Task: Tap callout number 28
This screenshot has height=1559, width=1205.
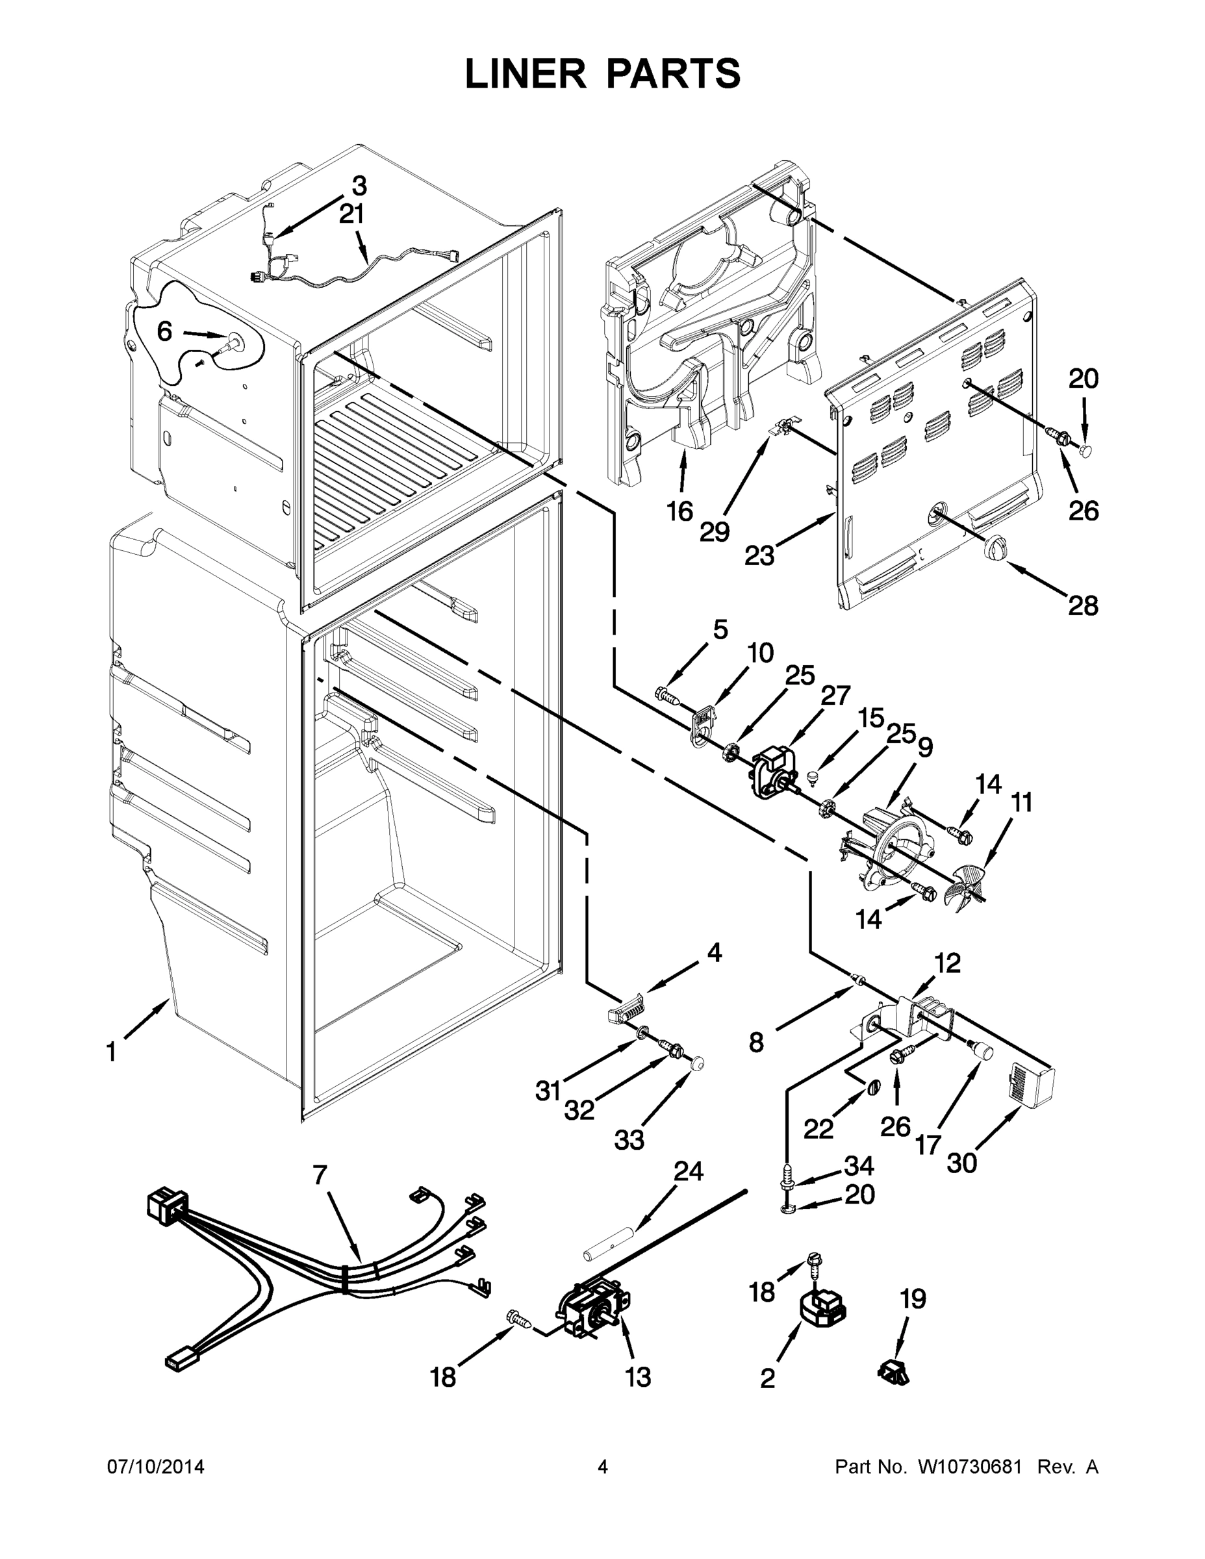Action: click(x=1082, y=606)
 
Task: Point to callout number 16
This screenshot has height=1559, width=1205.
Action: click(x=679, y=511)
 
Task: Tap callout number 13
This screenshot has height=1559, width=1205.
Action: click(x=637, y=1377)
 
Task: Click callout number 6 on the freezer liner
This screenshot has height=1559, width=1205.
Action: click(x=164, y=331)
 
